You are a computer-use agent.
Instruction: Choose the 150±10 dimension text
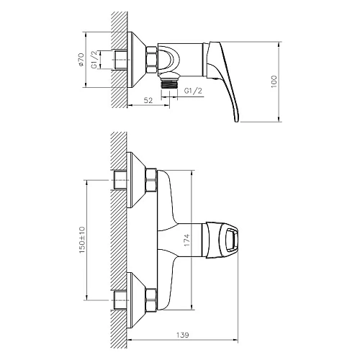[x=82, y=241]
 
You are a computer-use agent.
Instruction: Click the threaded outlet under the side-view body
[x=171, y=82]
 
